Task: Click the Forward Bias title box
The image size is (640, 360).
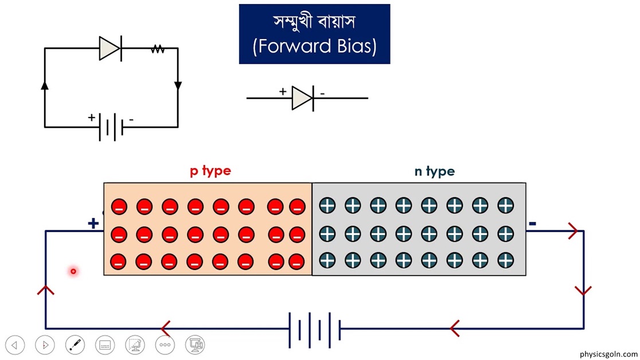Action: (314, 34)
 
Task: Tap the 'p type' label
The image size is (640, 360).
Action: (210, 171)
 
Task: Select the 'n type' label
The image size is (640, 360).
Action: (434, 171)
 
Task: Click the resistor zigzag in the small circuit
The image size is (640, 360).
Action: (158, 49)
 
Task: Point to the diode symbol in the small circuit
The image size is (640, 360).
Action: (110, 49)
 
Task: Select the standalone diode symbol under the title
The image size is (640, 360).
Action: (303, 98)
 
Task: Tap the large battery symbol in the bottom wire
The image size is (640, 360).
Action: (314, 330)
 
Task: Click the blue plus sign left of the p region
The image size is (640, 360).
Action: (93, 223)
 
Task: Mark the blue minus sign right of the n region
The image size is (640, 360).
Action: (532, 223)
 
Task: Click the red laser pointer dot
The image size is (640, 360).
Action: (73, 271)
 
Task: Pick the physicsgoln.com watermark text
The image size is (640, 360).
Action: (608, 354)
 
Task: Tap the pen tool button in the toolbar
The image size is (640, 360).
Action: (75, 345)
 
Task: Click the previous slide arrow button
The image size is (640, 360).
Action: (15, 345)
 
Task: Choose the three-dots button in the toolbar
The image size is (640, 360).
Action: (165, 345)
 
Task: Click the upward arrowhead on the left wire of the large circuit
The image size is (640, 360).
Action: (46, 289)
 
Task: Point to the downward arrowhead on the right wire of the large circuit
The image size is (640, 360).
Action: (583, 291)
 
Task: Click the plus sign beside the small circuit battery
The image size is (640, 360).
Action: (91, 118)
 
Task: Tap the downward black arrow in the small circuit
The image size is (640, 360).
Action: (178, 86)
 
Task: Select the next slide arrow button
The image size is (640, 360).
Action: (45, 345)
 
